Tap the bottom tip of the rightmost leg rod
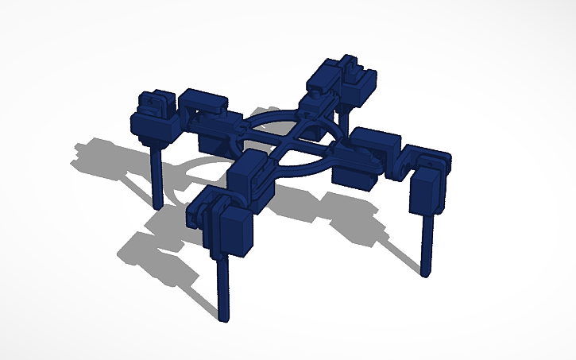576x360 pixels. pos(427,273)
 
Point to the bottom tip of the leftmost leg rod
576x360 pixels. pos(158,205)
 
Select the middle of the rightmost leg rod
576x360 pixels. pos(427,242)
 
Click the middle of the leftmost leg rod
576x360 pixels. pos(157,175)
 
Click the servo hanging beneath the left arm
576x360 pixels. pos(211,141)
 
